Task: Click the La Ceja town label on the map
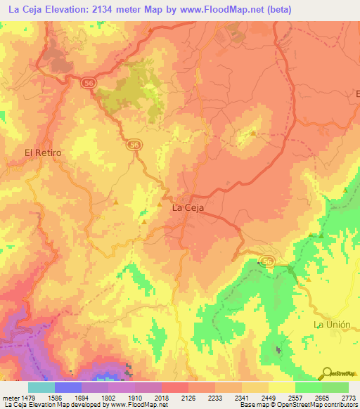click(x=187, y=208)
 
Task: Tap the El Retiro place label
click(x=43, y=152)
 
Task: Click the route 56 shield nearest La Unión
click(x=266, y=261)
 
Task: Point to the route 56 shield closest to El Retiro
click(x=133, y=145)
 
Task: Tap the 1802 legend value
click(x=109, y=398)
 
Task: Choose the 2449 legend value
click(x=268, y=398)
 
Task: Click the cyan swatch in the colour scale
click(x=41, y=387)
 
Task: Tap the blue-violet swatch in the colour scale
click(x=68, y=387)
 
